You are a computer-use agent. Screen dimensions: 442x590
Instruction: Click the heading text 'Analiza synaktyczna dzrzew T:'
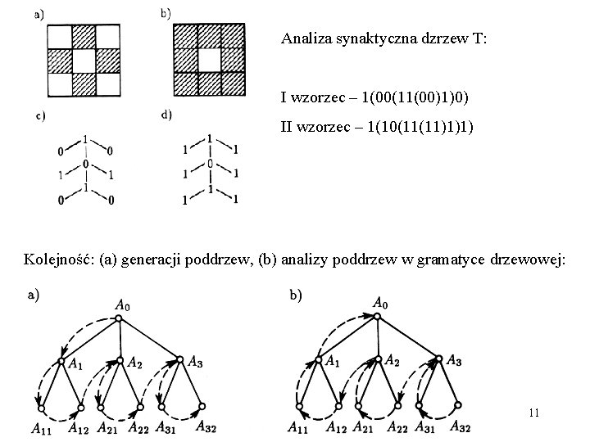click(383, 38)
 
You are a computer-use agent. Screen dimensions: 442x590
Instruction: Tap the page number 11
click(533, 413)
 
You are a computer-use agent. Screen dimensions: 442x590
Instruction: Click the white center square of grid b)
click(209, 61)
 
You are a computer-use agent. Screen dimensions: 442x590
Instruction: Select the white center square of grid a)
click(84, 61)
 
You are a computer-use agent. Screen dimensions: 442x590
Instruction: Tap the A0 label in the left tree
click(122, 305)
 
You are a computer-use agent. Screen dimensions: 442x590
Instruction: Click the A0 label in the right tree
click(380, 304)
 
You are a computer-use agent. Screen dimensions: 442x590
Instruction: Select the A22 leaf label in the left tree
click(138, 426)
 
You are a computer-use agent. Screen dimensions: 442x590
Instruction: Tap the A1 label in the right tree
click(333, 361)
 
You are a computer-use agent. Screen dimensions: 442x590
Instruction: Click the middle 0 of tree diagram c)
click(85, 165)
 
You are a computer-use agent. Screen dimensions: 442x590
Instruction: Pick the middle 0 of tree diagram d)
click(211, 165)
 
